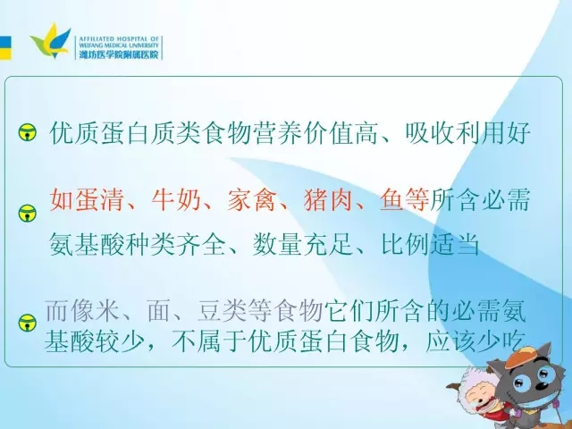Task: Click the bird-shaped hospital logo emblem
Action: tap(50, 41)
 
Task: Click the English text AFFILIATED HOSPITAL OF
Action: tap(119, 38)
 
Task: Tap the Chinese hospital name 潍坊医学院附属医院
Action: tap(119, 55)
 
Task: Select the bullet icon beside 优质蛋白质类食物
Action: tap(28, 133)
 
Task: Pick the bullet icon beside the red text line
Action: tap(28, 213)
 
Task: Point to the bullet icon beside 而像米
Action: tap(28, 324)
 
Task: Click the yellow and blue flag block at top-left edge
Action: tap(5, 47)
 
